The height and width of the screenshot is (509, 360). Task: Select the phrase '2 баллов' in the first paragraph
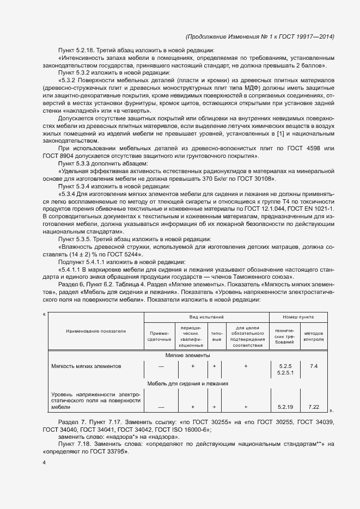(x=312, y=66)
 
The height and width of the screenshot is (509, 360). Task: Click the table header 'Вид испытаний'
(x=206, y=316)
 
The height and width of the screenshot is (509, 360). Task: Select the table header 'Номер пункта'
(x=298, y=316)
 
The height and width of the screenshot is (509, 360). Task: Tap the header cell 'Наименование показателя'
(x=96, y=330)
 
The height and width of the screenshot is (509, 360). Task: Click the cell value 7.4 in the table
(x=313, y=366)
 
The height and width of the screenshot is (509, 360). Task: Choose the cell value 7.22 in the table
(x=313, y=407)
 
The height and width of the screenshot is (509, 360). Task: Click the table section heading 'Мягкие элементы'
(x=187, y=355)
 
